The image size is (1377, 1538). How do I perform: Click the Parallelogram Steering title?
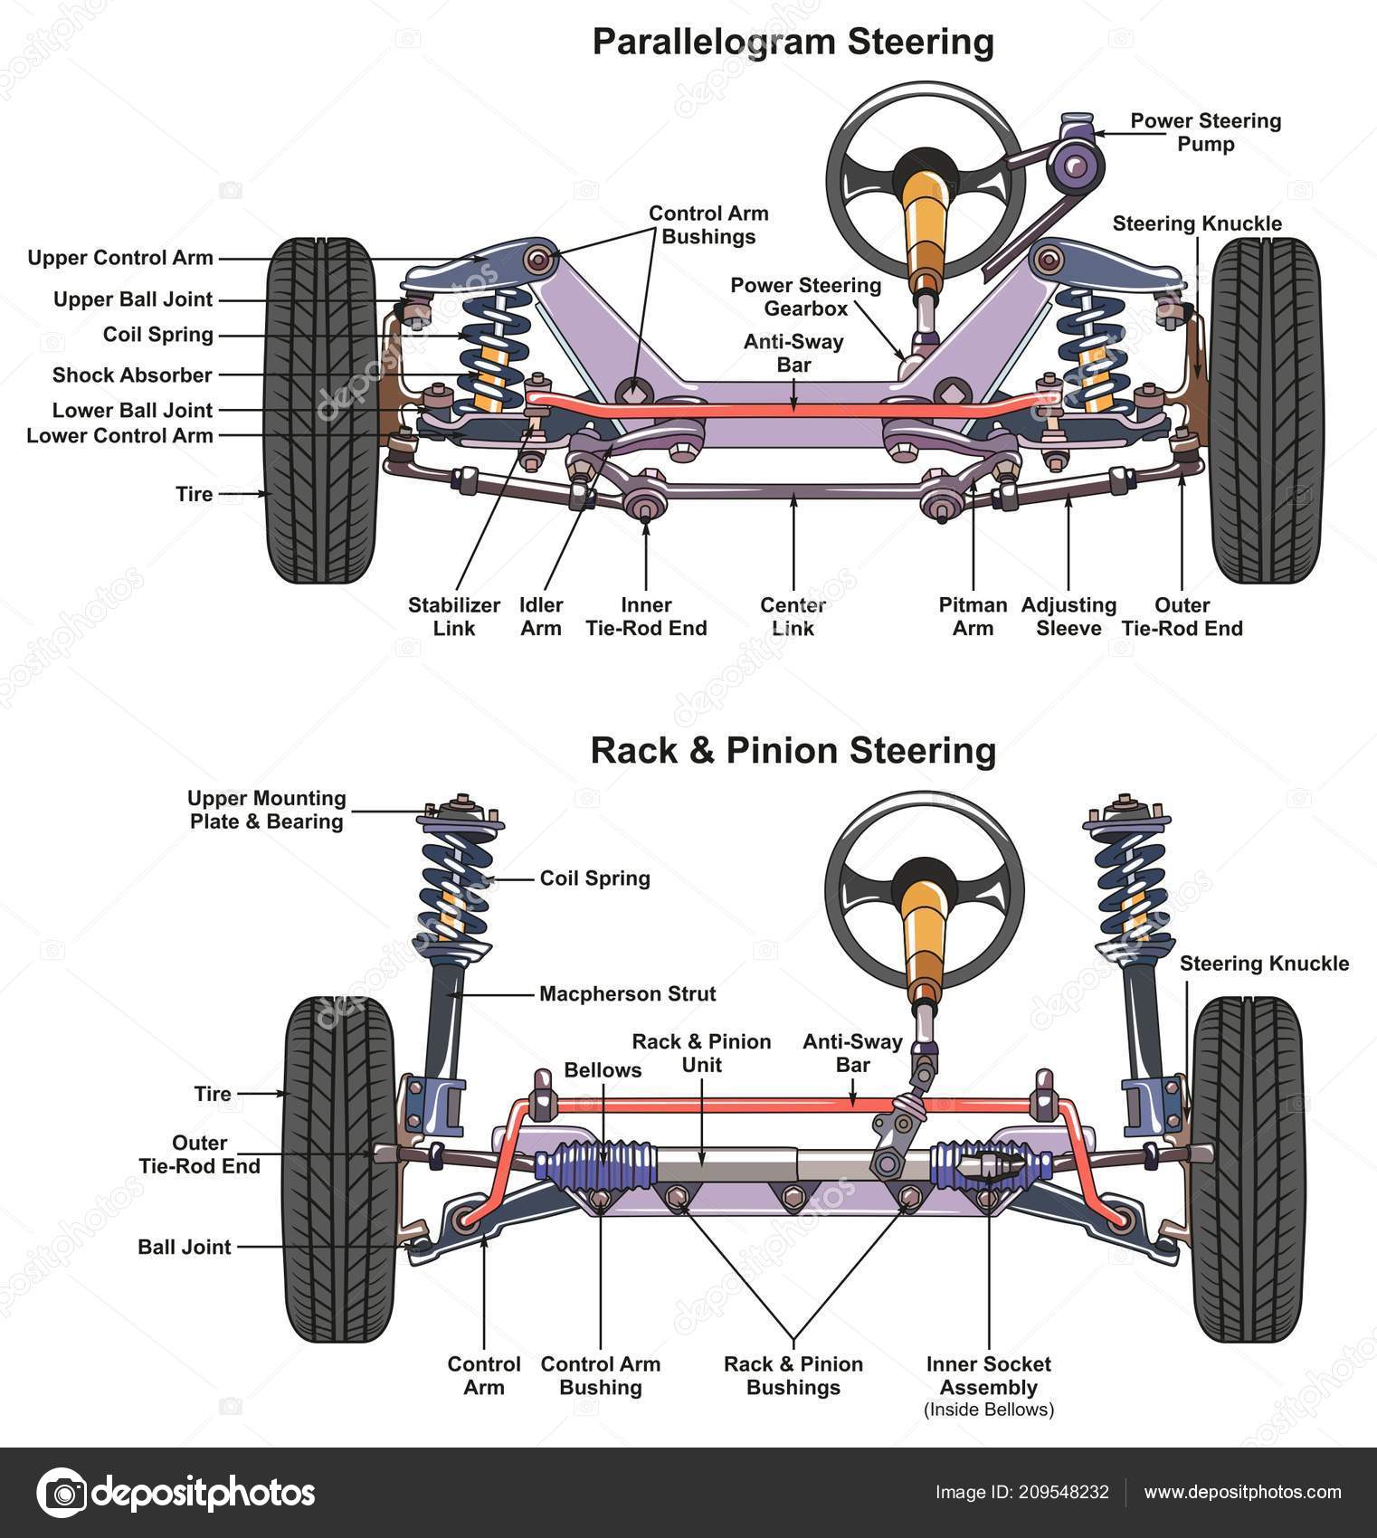[793, 43]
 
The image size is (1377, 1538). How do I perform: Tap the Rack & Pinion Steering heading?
[793, 751]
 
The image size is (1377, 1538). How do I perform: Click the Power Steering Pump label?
[1205, 132]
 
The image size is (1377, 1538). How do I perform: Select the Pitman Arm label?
[973, 616]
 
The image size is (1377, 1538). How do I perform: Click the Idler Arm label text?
[541, 616]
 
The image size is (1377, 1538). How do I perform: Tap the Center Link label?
[793, 616]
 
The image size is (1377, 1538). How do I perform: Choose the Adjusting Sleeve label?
[1068, 616]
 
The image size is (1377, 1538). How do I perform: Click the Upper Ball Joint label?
[132, 299]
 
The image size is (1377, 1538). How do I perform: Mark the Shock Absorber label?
[132, 375]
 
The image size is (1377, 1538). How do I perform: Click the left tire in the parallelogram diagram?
[321, 412]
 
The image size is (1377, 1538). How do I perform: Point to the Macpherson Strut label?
[627, 993]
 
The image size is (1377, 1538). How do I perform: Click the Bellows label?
[603, 1069]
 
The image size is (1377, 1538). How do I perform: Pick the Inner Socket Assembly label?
[988, 1375]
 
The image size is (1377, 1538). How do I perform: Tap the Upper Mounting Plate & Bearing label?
[267, 810]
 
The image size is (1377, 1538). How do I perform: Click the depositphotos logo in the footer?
[177, 1493]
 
